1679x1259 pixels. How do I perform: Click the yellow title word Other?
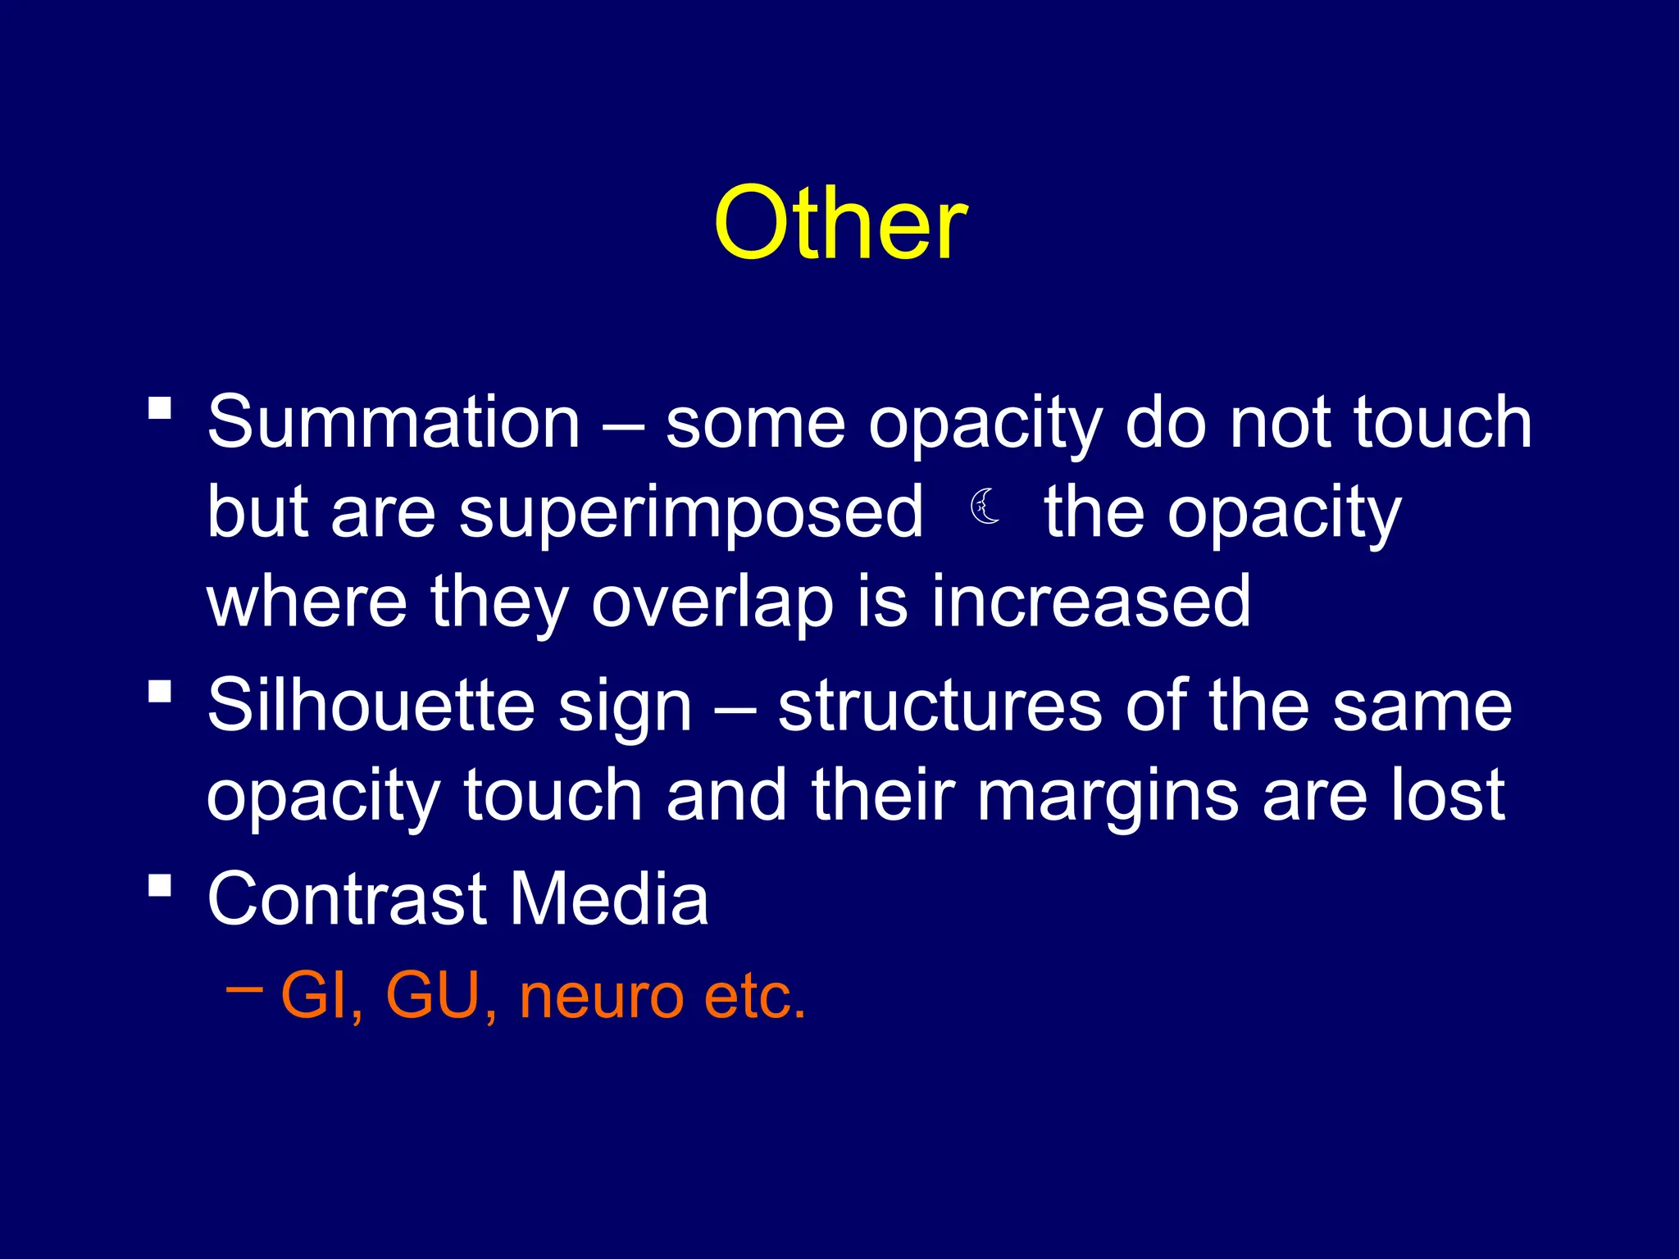coord(840,223)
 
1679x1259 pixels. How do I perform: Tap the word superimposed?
coord(690,513)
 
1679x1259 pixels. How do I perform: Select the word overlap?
coord(712,602)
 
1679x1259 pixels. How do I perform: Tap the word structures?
coord(940,707)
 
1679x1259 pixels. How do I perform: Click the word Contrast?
coord(347,898)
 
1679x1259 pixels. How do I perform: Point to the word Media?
coord(609,898)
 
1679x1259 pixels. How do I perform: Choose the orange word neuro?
coord(601,997)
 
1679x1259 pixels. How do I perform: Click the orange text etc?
coord(755,997)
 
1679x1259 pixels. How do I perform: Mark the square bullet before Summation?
coord(160,407)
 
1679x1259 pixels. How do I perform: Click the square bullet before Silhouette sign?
coord(160,691)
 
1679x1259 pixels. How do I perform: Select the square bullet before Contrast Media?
coord(160,884)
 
